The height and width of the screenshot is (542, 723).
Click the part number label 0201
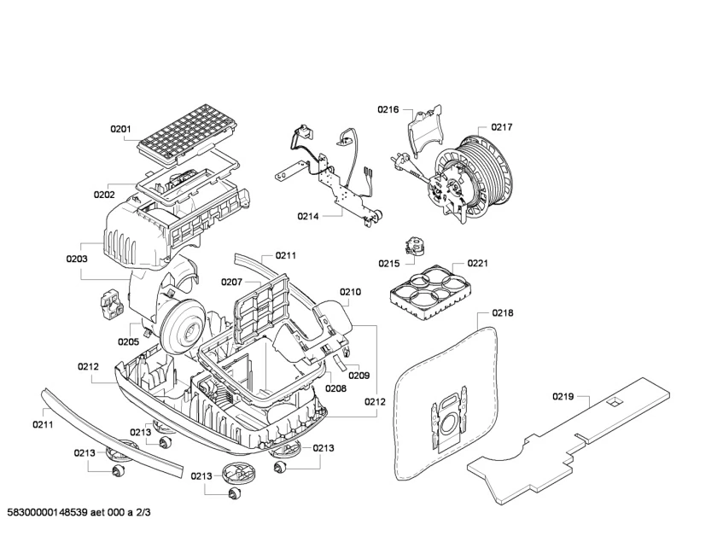coord(120,130)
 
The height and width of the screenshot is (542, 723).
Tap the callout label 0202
coord(104,195)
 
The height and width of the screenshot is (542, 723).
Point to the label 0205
coord(128,341)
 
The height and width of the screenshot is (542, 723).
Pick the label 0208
coord(335,388)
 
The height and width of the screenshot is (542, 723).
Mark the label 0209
coord(359,375)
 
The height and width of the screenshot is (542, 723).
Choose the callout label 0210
coord(350,292)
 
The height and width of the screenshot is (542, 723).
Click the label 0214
coord(308,217)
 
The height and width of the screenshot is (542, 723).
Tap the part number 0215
coord(389,263)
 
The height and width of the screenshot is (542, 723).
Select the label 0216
coord(388,109)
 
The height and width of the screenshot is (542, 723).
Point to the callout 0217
coord(501,127)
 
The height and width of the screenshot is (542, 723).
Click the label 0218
coord(503,313)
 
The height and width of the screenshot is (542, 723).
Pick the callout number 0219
coord(563,396)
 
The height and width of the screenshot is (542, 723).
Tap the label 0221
coord(477,263)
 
